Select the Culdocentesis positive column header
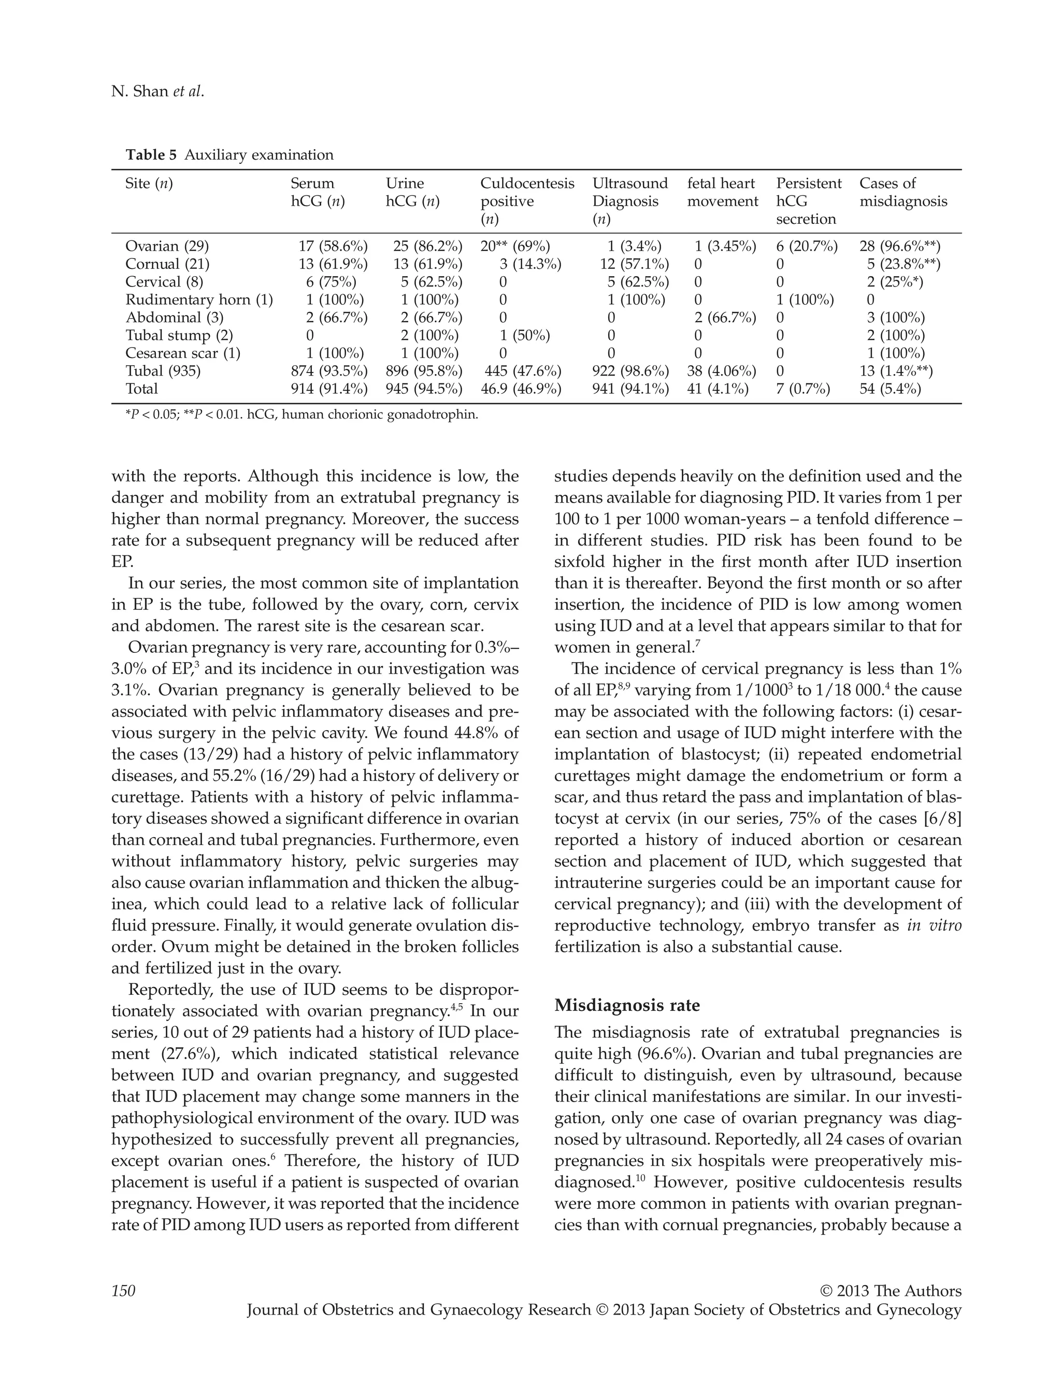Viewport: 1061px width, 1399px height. [x=527, y=201]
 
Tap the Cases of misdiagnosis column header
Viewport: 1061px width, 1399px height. [x=903, y=192]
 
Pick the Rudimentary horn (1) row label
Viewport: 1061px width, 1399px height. [x=198, y=300]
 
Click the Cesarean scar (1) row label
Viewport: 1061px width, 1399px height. [x=183, y=353]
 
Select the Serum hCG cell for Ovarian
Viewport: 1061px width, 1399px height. [x=333, y=246]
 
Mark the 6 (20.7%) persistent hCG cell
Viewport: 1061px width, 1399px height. [x=807, y=246]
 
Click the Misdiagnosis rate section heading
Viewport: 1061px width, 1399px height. [x=627, y=1006]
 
